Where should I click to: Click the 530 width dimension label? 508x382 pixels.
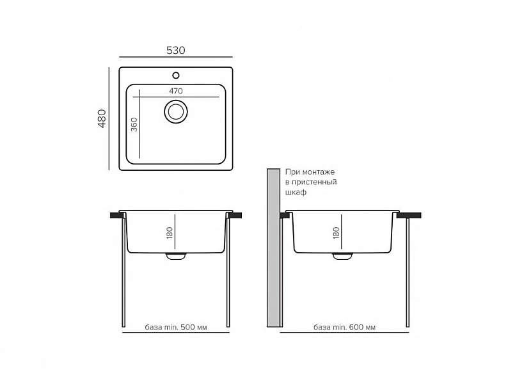point(175,50)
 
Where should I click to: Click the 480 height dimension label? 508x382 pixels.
point(102,118)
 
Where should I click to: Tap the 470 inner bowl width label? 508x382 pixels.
point(175,91)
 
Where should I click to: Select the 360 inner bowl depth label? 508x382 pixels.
point(134,125)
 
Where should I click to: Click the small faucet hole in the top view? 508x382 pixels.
point(176,76)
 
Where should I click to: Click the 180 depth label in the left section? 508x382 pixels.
point(170,233)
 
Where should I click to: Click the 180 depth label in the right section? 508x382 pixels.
point(336,233)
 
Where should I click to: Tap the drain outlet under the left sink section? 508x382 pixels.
point(176,256)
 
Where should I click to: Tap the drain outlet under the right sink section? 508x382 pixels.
point(342,256)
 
